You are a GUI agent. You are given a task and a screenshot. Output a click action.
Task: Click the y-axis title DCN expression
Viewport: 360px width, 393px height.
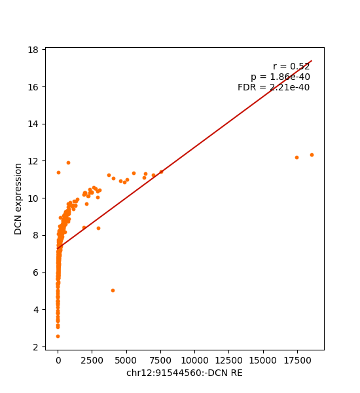pyautogui.click(x=18, y=198)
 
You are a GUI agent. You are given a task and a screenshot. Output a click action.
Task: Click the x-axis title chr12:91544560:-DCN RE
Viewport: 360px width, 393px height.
pyautogui.click(x=184, y=373)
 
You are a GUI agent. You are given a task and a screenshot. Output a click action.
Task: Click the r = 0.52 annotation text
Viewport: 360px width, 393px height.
pyautogui.click(x=291, y=66)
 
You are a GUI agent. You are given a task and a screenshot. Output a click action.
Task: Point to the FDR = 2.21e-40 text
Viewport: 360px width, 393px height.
pyautogui.click(x=274, y=87)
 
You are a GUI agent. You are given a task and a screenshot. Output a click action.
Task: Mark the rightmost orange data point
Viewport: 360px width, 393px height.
pyautogui.click(x=312, y=155)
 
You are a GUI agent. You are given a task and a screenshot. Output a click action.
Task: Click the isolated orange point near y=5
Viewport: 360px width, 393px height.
pyautogui.click(x=113, y=290)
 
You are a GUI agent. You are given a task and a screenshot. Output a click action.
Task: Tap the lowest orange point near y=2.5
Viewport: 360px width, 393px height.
pyautogui.click(x=58, y=336)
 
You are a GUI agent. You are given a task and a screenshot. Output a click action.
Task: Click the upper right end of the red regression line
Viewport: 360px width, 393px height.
pyautogui.click(x=311, y=61)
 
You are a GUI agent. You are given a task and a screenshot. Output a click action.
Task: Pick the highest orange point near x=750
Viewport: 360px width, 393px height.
pyautogui.click(x=68, y=162)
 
